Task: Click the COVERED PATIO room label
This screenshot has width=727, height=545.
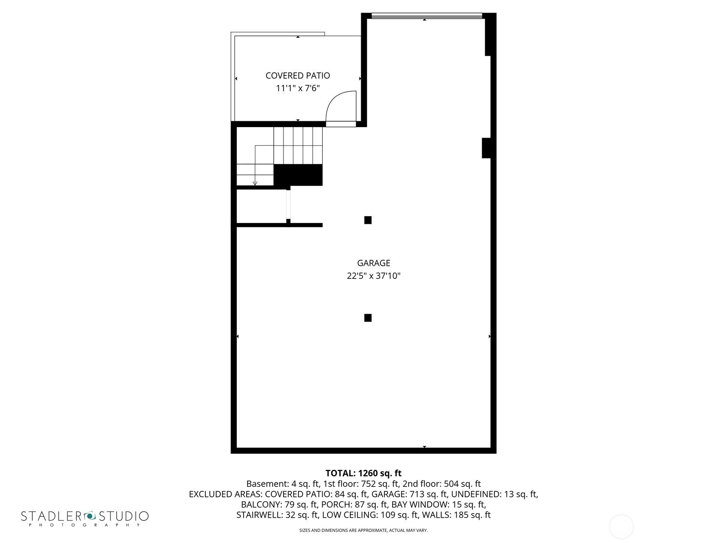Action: [298, 76]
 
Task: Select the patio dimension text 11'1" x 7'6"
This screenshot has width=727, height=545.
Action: [298, 89]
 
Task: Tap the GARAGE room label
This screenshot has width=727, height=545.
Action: [373, 263]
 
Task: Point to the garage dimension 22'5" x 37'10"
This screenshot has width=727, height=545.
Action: [373, 276]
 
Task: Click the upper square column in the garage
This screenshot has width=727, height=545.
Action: [368, 220]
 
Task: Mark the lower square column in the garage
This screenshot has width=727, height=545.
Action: [368, 317]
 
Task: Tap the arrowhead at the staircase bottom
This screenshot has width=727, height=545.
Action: [255, 183]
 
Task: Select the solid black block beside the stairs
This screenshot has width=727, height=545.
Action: [298, 175]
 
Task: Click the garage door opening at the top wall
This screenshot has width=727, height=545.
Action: [427, 16]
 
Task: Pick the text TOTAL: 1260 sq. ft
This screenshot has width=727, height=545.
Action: [363, 473]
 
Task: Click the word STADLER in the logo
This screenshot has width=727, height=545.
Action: [51, 516]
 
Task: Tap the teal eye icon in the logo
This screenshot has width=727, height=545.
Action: [90, 515]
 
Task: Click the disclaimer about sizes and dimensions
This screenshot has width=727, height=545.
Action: [363, 530]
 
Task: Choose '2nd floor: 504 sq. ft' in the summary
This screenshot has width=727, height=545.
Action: [442, 484]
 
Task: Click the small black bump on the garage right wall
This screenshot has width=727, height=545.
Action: [486, 148]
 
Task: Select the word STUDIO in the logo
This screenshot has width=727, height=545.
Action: [124, 516]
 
